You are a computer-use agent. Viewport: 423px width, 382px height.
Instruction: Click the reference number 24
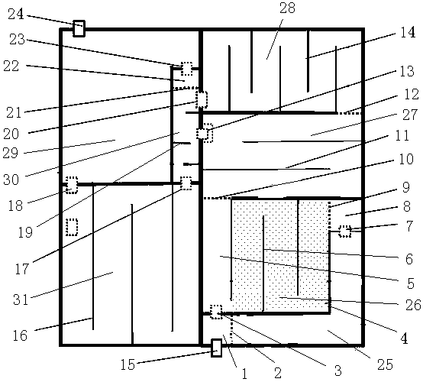pyautogui.click(x=16, y=14)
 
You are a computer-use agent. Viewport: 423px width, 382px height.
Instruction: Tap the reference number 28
pyautogui.click(x=287, y=8)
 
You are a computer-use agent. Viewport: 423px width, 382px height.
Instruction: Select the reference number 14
pyautogui.click(x=408, y=32)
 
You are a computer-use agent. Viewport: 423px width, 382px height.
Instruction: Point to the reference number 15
pyautogui.click(x=128, y=364)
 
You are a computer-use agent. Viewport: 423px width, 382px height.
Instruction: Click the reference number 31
pyautogui.click(x=21, y=299)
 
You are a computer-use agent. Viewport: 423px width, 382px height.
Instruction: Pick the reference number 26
pyautogui.click(x=413, y=305)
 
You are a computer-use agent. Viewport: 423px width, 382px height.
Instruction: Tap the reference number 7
pyautogui.click(x=409, y=225)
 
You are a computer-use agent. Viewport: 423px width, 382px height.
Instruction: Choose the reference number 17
pyautogui.click(x=22, y=268)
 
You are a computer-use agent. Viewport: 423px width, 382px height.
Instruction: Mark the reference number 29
pyautogui.click(x=10, y=153)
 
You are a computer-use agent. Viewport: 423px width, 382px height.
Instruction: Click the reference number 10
pyautogui.click(x=406, y=159)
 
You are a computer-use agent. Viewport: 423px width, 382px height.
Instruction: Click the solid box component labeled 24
pyautogui.click(x=79, y=28)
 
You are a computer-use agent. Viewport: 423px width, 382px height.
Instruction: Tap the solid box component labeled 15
pyautogui.click(x=216, y=348)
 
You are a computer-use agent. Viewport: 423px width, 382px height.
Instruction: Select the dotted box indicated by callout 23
pyautogui.click(x=186, y=69)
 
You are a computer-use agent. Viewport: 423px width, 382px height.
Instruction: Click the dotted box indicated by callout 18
pyautogui.click(x=72, y=185)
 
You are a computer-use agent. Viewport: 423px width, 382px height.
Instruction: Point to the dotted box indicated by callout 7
pyautogui.click(x=345, y=231)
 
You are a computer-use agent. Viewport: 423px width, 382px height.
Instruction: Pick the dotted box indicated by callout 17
pyautogui.click(x=186, y=183)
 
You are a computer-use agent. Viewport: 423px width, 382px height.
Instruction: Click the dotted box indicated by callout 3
pyautogui.click(x=216, y=312)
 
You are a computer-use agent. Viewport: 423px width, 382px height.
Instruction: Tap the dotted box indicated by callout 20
pyautogui.click(x=202, y=99)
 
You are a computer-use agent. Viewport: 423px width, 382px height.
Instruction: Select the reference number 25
pyautogui.click(x=385, y=364)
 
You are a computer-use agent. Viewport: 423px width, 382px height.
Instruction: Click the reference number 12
pyautogui.click(x=412, y=94)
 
